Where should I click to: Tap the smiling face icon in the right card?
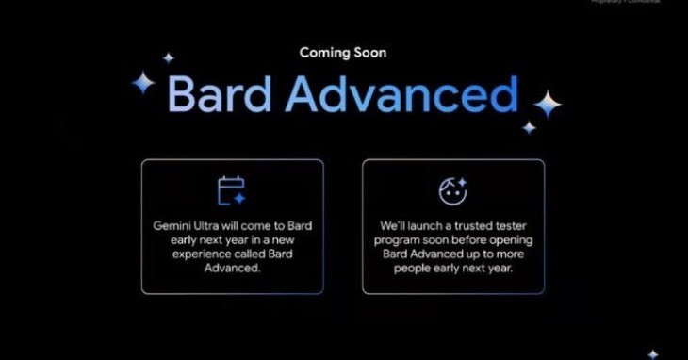(453, 191)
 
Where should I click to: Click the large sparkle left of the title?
(142, 84)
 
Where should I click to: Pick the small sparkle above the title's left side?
(169, 57)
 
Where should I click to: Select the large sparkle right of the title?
(547, 104)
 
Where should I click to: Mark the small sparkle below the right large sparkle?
(530, 127)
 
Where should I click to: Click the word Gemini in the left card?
(172, 227)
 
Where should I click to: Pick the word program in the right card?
(407, 241)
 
